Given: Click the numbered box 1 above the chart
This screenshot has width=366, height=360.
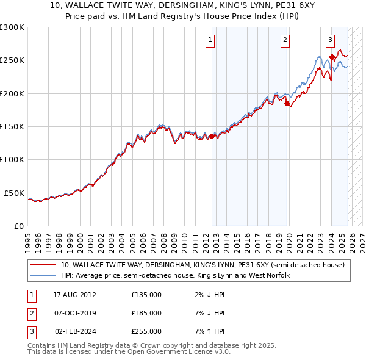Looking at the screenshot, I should tap(210, 40).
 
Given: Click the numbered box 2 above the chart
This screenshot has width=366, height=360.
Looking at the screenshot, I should tap(285, 40).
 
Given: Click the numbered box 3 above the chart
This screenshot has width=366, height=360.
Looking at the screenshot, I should tap(330, 40).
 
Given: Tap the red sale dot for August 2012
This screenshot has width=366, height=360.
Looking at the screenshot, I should tap(212, 136).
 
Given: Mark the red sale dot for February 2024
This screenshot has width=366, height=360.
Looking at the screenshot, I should tap(332, 57).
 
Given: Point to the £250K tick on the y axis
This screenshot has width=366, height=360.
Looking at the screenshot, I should tap(12, 60).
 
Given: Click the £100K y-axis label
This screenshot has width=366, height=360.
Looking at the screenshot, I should tap(12, 159).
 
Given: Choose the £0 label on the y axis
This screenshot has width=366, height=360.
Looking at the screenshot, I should tap(18, 226).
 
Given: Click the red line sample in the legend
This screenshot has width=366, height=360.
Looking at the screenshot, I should tap(43, 265).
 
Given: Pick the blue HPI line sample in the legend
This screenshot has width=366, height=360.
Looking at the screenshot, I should tap(43, 275).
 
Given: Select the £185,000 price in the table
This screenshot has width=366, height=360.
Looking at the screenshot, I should tap(146, 313).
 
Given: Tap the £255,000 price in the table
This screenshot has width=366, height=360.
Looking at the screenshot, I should tap(146, 332).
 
